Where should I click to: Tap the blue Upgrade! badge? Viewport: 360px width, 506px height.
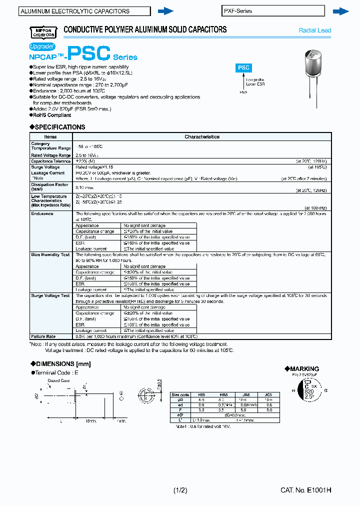coord(42,46)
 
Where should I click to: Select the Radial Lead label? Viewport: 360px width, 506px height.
coord(315,30)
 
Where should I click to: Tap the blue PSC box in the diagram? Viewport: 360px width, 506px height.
coord(243,67)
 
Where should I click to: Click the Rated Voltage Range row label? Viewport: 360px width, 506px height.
coord(51,155)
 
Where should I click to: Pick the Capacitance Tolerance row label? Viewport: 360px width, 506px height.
coord(51,161)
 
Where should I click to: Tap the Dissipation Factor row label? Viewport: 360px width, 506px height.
coord(49,186)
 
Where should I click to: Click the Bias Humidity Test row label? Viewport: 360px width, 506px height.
coord(50,254)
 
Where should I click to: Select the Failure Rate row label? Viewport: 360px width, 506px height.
coord(42,336)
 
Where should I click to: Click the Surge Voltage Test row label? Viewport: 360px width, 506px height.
coord(50,295)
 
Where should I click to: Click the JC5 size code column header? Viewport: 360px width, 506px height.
coord(268,394)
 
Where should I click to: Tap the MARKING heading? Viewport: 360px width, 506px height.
coord(301,368)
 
